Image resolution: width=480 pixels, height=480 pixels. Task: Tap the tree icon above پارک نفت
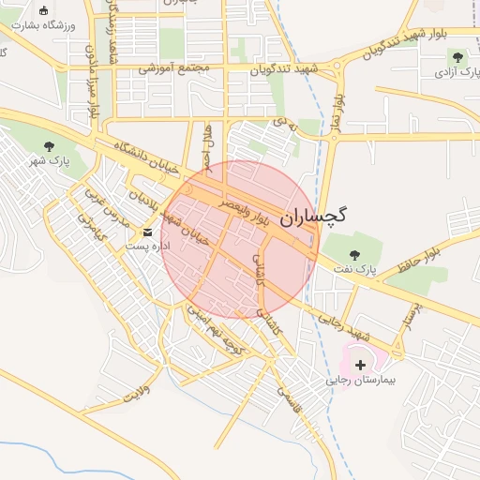pyautogui.click(x=354, y=254)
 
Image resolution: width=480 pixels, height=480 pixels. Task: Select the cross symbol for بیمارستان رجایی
pyautogui.click(x=361, y=363)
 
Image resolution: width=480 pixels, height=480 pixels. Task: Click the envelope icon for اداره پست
pyautogui.click(x=147, y=232)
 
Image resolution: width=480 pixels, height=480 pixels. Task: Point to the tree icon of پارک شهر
pyautogui.click(x=49, y=145)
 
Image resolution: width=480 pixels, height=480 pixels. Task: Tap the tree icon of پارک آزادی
pyautogui.click(x=459, y=56)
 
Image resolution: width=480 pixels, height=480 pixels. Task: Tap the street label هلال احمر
pyautogui.click(x=208, y=144)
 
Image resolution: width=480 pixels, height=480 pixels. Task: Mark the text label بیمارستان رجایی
pyautogui.click(x=363, y=382)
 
